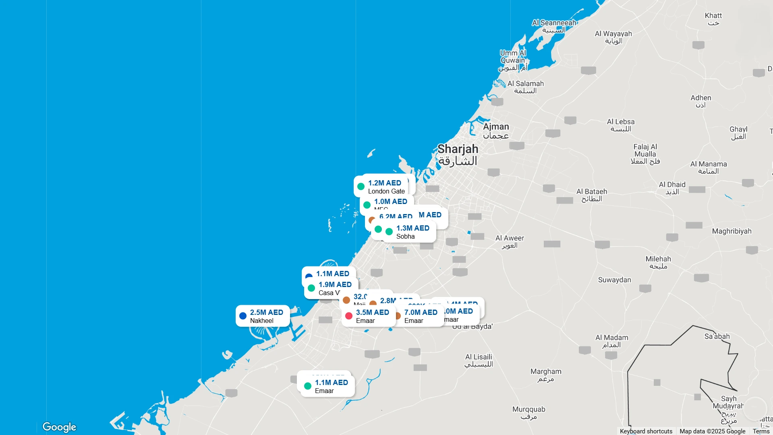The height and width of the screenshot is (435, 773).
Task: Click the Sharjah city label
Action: (x=458, y=155)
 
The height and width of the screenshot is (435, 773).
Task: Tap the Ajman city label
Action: (x=496, y=131)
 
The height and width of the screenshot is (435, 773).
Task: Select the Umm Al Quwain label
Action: (x=513, y=60)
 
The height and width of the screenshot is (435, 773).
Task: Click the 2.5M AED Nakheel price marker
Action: (x=263, y=316)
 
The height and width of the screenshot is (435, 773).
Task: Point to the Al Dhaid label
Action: (x=672, y=188)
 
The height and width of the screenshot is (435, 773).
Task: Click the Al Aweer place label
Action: (x=510, y=241)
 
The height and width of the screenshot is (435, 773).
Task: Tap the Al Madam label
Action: (x=611, y=341)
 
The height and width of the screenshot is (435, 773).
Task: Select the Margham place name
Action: (x=546, y=375)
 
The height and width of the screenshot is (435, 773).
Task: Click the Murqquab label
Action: (x=528, y=413)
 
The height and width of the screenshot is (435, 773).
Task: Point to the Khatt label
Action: (x=713, y=19)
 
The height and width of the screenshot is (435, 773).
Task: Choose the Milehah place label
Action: (x=658, y=262)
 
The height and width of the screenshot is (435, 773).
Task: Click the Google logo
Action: (x=59, y=427)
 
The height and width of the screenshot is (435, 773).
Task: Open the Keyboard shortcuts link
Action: (x=646, y=431)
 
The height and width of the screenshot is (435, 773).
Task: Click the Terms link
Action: (x=761, y=431)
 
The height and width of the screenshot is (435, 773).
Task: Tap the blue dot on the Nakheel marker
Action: (x=243, y=316)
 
